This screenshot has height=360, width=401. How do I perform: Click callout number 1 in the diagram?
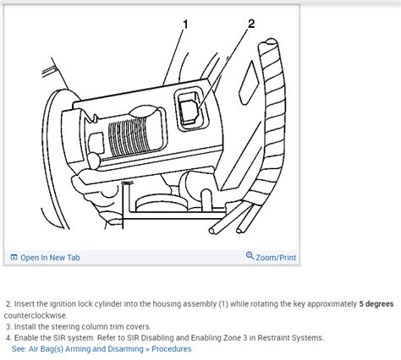coord(185,25)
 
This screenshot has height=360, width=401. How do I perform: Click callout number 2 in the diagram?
coord(251,24)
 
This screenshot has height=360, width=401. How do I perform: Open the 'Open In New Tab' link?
coord(50,258)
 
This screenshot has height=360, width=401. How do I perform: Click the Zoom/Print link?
coord(276,258)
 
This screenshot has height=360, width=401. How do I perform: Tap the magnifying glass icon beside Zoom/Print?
coord(250,256)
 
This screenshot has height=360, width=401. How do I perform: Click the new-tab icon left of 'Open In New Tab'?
coord(14,257)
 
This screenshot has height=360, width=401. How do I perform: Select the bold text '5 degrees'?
coord(376,304)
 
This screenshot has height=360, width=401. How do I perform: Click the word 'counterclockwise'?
coord(36,315)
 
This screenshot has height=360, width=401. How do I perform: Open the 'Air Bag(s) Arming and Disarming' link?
coord(86,349)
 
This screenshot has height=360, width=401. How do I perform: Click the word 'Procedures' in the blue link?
coord(172,349)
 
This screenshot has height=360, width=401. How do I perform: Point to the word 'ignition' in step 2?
coord(60,304)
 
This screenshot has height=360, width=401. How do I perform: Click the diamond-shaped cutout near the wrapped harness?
coord(249,83)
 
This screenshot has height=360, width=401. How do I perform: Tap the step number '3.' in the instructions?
coord(9,326)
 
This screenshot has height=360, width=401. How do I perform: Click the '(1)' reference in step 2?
coord(223,304)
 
